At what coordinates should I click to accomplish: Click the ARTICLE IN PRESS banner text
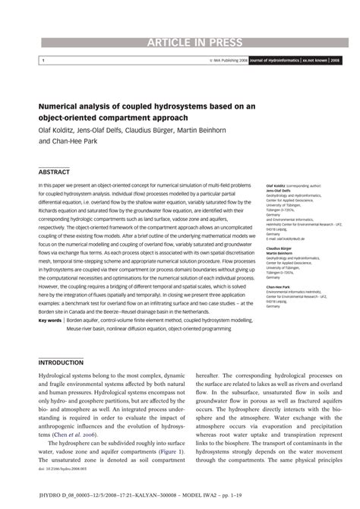tap(180, 42)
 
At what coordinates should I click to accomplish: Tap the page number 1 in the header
tap(43, 59)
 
